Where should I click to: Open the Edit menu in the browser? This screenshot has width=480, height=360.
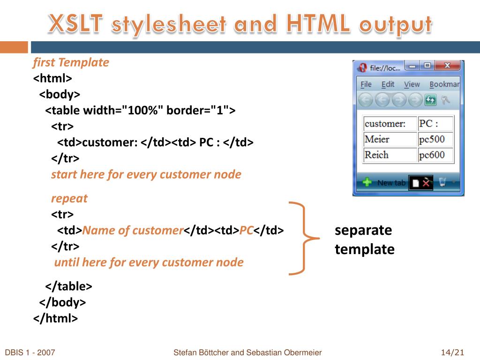(388, 84)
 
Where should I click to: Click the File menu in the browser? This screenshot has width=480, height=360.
(366, 84)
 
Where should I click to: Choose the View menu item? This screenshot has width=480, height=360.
(412, 84)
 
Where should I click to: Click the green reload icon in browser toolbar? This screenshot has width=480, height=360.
(430, 100)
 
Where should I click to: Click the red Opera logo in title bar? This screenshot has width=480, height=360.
(362, 68)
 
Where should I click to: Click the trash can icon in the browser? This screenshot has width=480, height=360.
(442, 182)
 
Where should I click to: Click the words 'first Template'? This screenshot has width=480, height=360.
(71, 62)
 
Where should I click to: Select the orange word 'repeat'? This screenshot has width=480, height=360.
(69, 198)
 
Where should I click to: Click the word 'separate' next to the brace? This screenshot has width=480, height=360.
(363, 230)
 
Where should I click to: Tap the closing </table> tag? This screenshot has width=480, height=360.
(68, 286)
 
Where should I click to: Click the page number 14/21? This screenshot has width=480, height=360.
(452, 352)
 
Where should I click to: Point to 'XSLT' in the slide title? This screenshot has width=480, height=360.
(75, 24)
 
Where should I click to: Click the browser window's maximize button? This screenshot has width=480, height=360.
(427, 66)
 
